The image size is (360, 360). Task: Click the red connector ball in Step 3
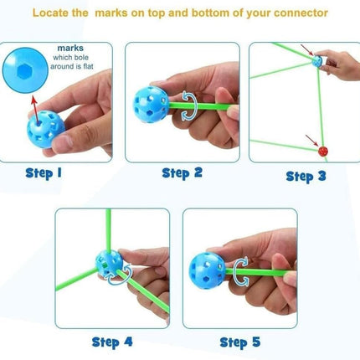323,152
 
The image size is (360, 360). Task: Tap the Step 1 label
44,173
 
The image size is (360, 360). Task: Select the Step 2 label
182,172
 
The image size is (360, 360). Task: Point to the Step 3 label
306,177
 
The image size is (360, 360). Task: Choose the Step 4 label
112,342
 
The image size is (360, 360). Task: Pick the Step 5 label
240,342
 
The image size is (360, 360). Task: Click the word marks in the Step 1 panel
70,48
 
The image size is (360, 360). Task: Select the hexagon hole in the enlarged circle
24,72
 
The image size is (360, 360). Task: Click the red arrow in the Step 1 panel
35,109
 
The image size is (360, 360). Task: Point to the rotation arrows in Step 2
189,105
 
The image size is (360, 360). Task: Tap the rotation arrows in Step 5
240,271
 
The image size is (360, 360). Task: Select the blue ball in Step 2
151,105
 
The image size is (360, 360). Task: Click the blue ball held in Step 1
46,129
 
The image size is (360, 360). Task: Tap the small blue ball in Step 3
316,60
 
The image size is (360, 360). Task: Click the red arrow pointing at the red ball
311,141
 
